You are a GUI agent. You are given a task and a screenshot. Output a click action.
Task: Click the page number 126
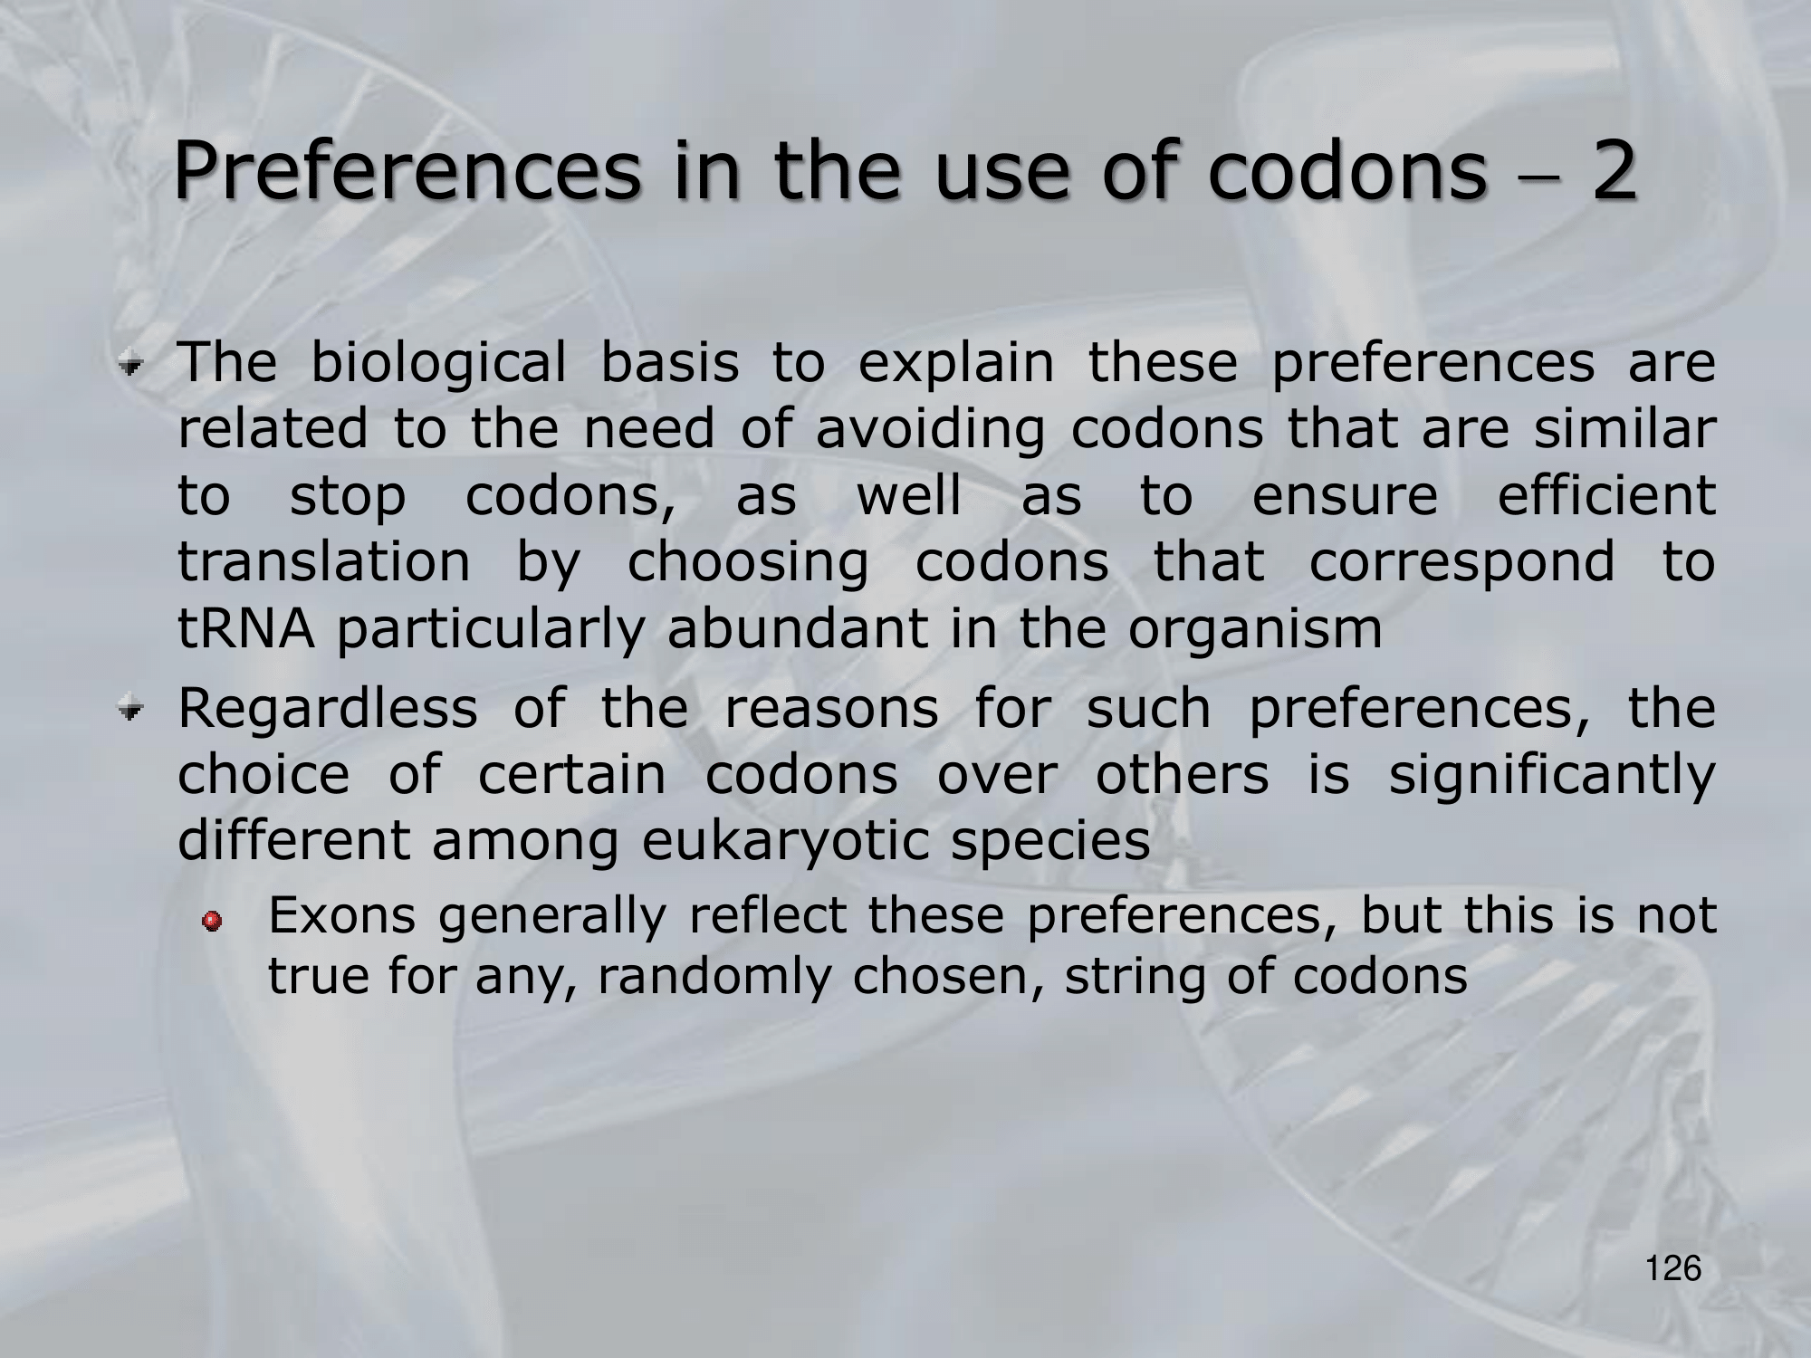1674,1268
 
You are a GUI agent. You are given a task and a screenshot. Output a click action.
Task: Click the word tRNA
246,630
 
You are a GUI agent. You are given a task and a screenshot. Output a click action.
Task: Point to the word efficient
1606,495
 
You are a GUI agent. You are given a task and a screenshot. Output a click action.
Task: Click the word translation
324,562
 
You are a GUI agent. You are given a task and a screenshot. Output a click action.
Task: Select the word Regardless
328,708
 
